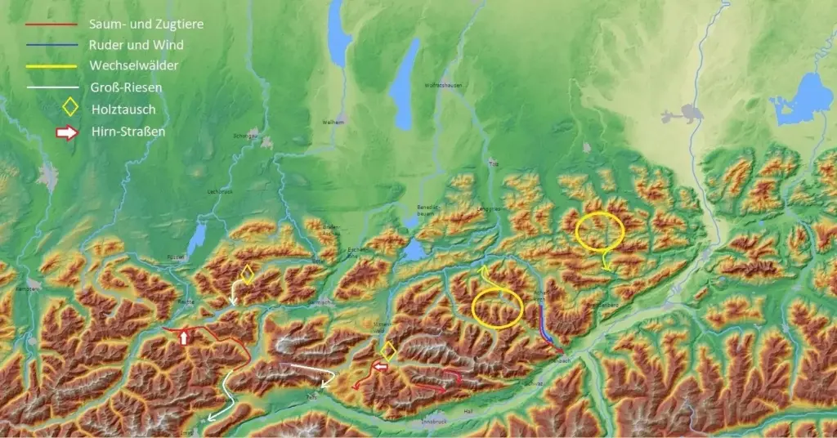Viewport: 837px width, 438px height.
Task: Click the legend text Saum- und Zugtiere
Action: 146,25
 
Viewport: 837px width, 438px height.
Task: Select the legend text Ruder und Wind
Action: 137,45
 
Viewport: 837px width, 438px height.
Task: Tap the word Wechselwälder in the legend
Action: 133,65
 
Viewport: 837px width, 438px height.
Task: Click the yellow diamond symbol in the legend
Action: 71,107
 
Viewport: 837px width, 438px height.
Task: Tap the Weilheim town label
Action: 333,122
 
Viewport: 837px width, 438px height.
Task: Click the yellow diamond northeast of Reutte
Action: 247,274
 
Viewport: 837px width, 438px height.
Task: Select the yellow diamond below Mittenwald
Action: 388,351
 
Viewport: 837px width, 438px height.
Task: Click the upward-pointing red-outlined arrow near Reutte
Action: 185,337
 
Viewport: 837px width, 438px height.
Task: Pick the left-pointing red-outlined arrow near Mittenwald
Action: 380,368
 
